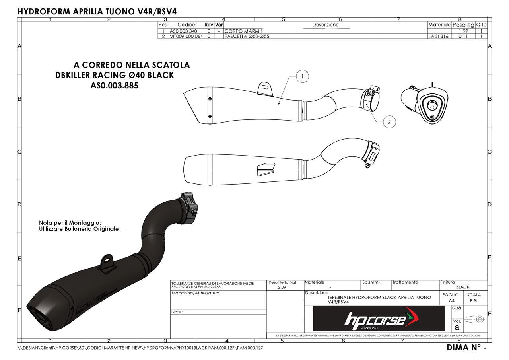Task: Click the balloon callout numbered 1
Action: pyautogui.click(x=302, y=76)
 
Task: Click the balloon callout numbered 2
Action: pyautogui.click(x=389, y=122)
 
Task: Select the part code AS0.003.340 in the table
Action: pyautogui.click(x=183, y=31)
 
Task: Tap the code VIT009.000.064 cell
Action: pyautogui.click(x=186, y=36)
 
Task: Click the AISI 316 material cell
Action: pyautogui.click(x=439, y=36)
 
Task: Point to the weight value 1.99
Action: pyautogui.click(x=463, y=31)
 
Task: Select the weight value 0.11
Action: pyautogui.click(x=463, y=36)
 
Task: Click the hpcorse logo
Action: pyautogui.click(x=379, y=319)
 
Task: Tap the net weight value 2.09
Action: pyautogui.click(x=282, y=287)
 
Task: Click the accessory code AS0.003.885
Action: pyautogui.click(x=115, y=86)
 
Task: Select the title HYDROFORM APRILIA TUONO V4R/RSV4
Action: pyautogui.click(x=97, y=11)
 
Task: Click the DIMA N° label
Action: pyautogui.click(x=466, y=348)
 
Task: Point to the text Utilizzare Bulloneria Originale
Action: pyautogui.click(x=79, y=229)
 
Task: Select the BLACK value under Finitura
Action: pyautogui.click(x=462, y=287)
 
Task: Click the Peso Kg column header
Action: pyautogui.click(x=463, y=25)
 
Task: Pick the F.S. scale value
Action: pyautogui.click(x=474, y=301)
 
